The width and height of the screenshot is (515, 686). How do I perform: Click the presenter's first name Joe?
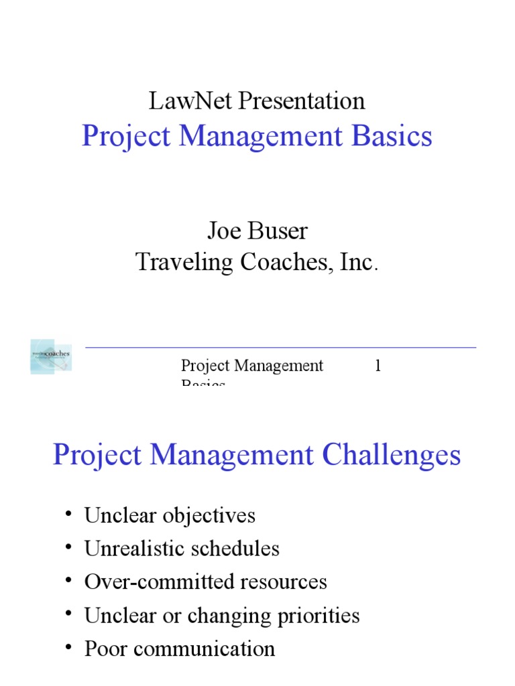click(x=223, y=231)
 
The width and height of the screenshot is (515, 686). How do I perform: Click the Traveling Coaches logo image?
click(x=51, y=356)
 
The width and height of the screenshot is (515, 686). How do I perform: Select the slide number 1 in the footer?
click(x=378, y=366)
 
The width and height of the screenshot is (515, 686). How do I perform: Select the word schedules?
click(x=235, y=549)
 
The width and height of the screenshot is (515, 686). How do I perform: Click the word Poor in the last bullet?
click(x=105, y=648)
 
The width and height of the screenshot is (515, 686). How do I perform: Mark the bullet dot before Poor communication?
click(x=68, y=646)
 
